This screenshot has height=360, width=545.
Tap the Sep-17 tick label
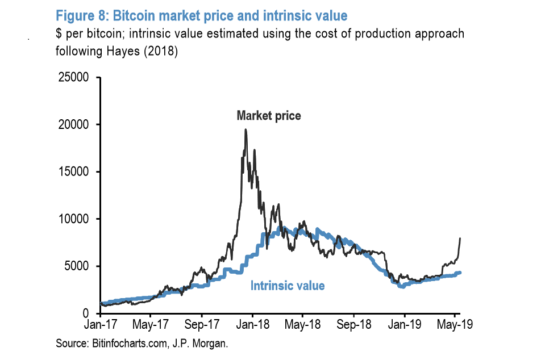pos(202,326)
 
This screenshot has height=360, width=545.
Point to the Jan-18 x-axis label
pos(252,326)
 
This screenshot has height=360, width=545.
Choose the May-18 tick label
pos(302,326)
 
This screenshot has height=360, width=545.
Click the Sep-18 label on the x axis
pos(353,326)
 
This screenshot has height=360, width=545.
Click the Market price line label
pos(269,116)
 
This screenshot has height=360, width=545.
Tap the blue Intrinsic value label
pos(288,286)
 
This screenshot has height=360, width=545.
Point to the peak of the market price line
pos(246,129)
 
